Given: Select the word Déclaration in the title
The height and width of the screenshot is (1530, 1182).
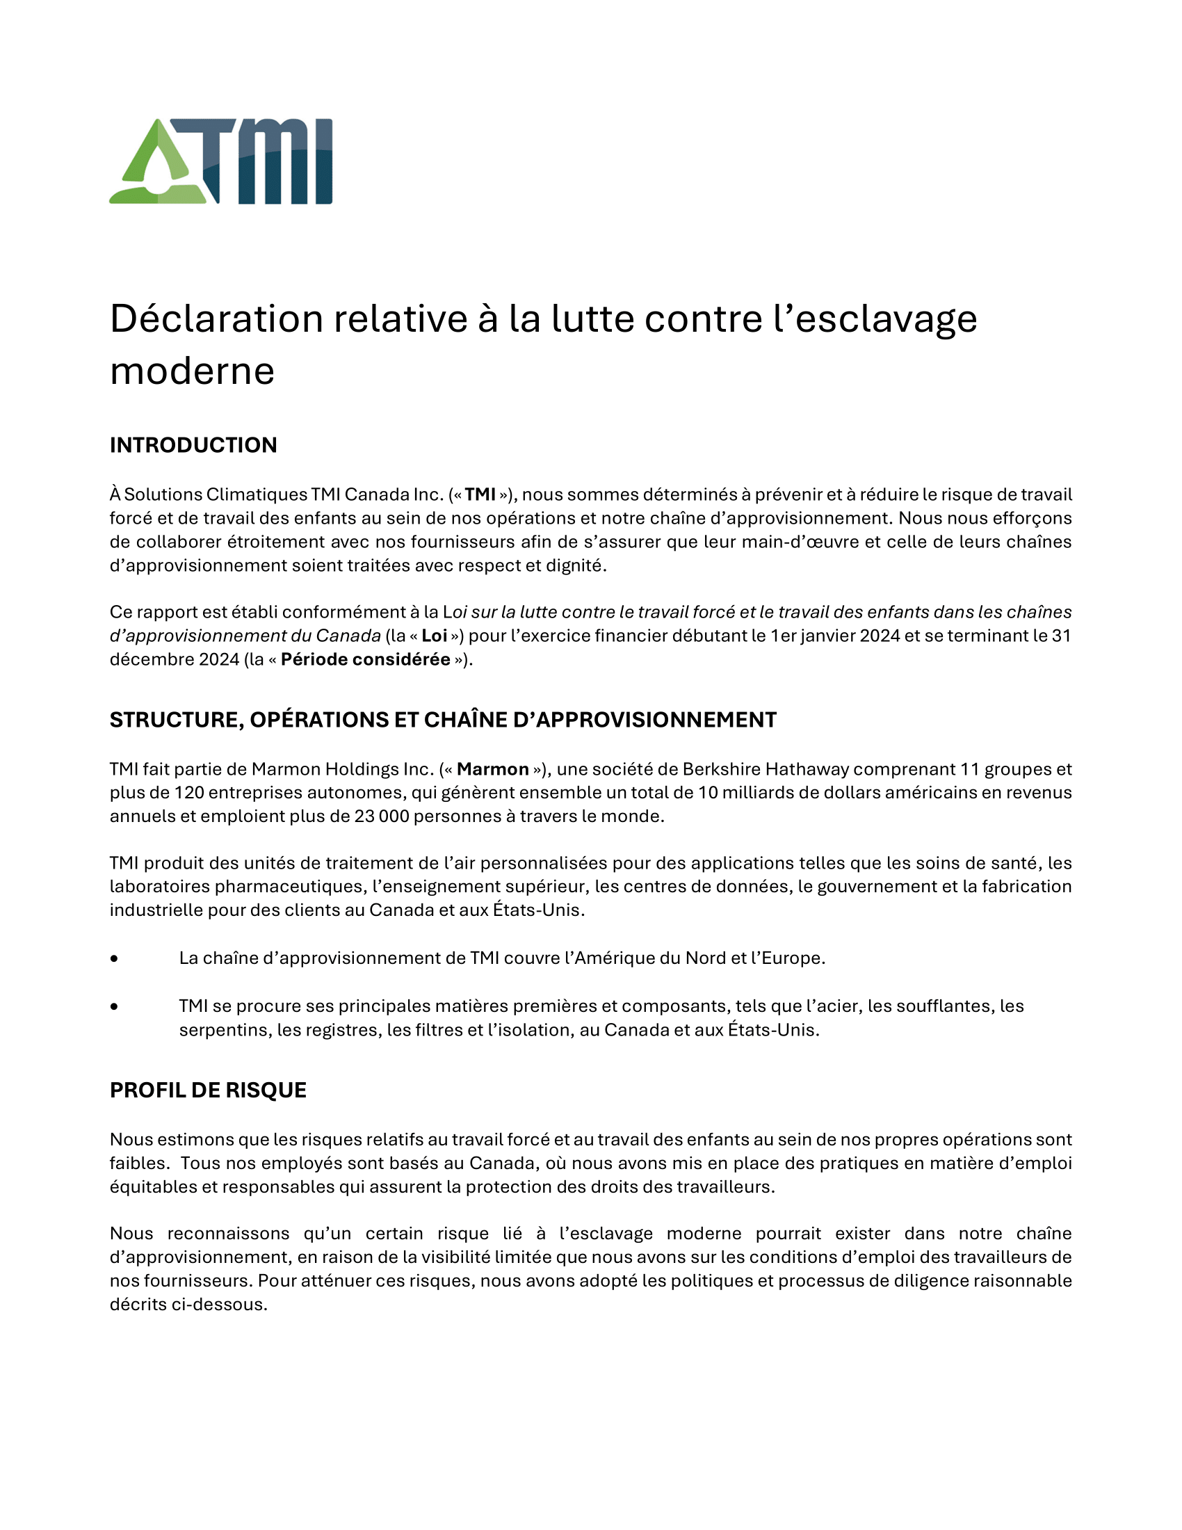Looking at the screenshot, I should click(216, 319).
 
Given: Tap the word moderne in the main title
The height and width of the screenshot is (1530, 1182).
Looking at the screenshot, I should click(192, 371).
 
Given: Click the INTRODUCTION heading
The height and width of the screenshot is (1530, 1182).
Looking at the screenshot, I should click(193, 445).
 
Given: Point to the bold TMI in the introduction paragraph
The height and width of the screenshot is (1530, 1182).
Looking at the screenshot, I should click(480, 494).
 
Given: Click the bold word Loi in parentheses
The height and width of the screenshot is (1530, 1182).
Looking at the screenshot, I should click(434, 636).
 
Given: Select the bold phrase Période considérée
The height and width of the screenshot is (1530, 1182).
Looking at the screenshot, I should click(365, 659).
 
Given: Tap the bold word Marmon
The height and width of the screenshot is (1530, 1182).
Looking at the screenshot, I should click(492, 769).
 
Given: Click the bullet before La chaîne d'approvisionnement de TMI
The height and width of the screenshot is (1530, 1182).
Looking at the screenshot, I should click(114, 958).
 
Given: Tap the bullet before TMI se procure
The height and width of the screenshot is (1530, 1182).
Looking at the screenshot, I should click(114, 1007).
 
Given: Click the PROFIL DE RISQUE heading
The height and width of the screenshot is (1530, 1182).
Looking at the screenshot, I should click(208, 1090).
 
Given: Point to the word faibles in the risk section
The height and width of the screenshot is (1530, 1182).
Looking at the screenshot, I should click(138, 1163).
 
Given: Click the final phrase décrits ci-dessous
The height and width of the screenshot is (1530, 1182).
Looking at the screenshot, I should click(188, 1305).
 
